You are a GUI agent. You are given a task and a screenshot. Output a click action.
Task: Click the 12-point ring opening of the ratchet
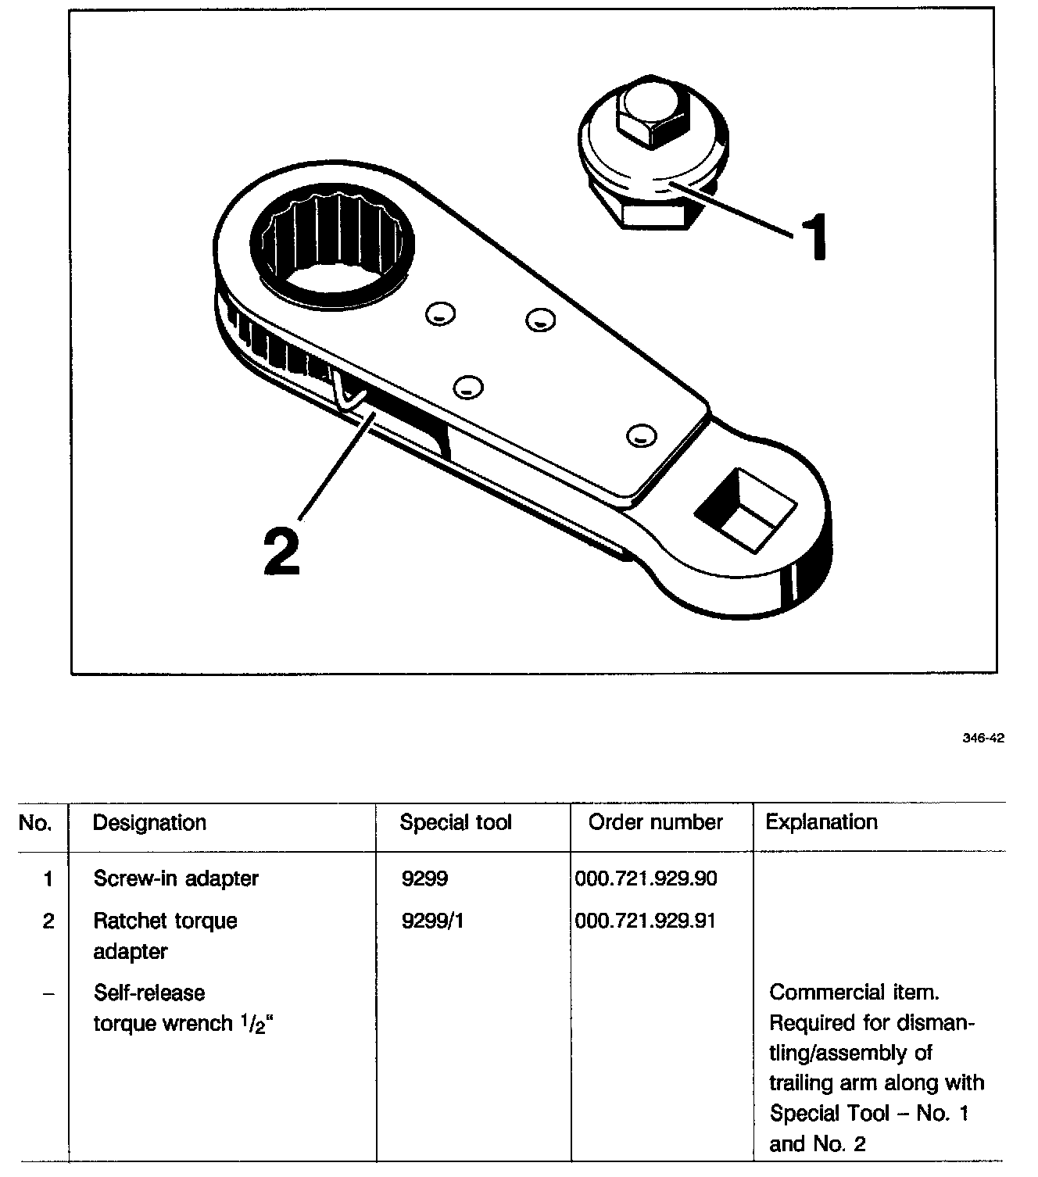[332, 243]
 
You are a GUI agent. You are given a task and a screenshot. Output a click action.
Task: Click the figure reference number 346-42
[983, 738]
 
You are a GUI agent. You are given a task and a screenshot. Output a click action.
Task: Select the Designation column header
[149, 822]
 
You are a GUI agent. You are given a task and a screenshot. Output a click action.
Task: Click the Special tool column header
[456, 822]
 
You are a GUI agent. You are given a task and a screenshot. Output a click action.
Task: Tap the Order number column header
[656, 822]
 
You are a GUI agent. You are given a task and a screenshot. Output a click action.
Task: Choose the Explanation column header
[821, 822]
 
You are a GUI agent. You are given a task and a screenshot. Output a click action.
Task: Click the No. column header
[34, 822]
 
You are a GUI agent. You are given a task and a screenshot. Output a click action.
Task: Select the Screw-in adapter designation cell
[176, 878]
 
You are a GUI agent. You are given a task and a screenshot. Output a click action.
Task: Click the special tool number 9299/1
[432, 921]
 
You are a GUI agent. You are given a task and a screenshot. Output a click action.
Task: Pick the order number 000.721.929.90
[646, 878]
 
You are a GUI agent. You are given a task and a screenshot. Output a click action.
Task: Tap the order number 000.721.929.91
[646, 921]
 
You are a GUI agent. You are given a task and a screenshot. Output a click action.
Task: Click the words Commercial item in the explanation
[854, 993]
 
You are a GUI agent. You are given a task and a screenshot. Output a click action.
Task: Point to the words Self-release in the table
[149, 993]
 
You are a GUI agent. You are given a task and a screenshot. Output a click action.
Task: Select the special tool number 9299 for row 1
[424, 878]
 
